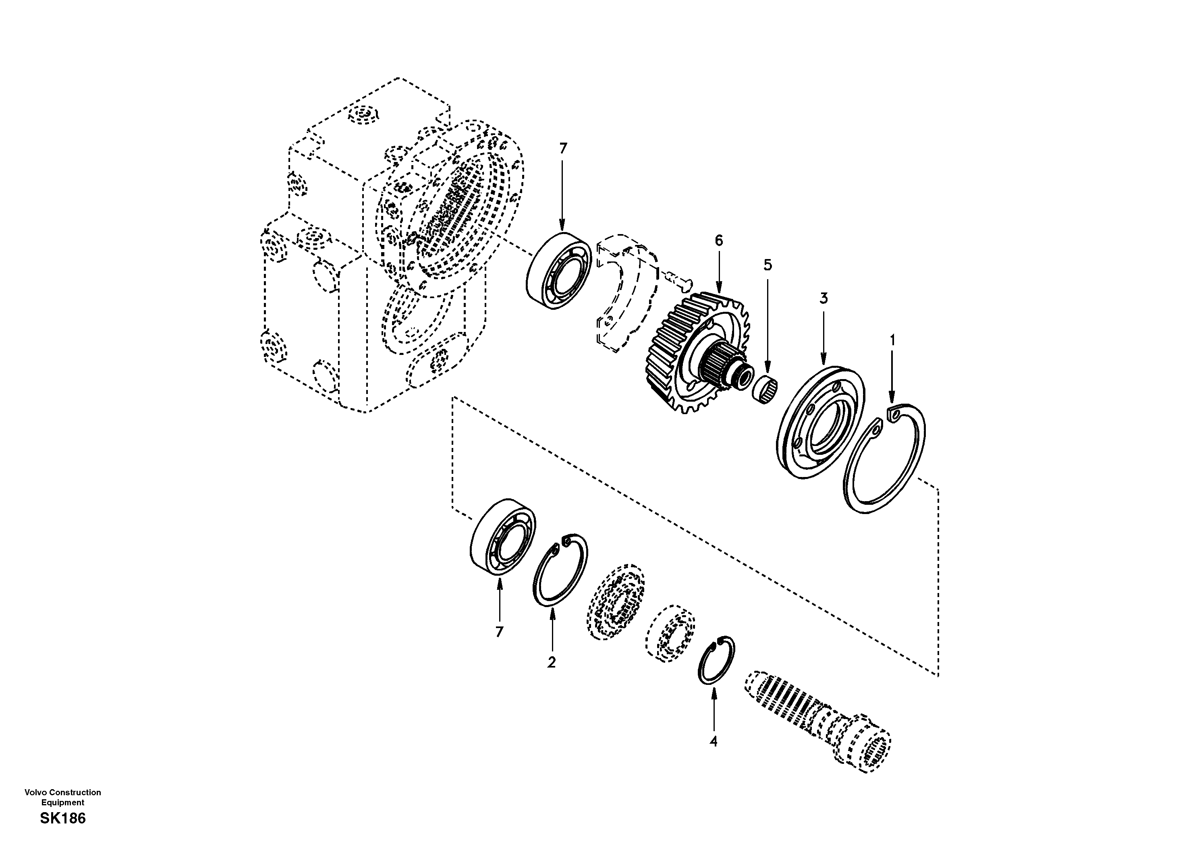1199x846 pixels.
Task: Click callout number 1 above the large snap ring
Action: (x=892, y=340)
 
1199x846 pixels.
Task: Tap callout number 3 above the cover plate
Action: (x=824, y=299)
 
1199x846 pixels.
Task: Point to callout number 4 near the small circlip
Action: (x=714, y=742)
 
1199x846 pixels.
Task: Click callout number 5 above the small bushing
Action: (x=768, y=265)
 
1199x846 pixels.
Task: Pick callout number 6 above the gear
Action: (x=719, y=241)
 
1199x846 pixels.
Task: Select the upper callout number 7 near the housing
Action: (x=562, y=149)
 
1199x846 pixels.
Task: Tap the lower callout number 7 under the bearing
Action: (x=499, y=632)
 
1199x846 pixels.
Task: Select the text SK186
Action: (x=63, y=818)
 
